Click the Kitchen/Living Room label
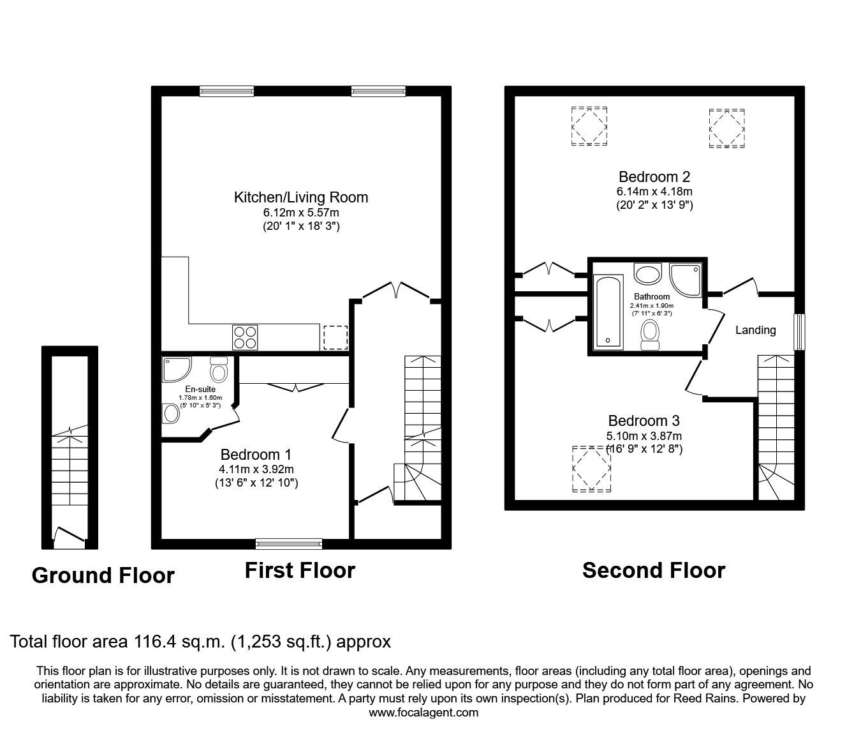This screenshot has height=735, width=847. [300, 197]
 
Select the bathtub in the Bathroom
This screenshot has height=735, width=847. [608, 312]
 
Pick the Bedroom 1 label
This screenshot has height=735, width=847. [256, 455]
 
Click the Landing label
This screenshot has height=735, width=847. [755, 330]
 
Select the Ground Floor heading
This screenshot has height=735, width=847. [103, 575]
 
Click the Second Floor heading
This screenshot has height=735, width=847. [653, 570]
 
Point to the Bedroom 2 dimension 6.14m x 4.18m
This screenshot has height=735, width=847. [654, 192]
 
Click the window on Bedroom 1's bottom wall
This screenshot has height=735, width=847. [289, 543]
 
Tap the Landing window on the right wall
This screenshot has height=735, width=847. [799, 331]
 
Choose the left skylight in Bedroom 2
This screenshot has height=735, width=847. [589, 126]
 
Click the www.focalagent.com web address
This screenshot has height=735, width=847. [424, 713]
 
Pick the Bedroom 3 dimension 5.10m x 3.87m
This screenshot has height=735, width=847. [644, 436]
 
